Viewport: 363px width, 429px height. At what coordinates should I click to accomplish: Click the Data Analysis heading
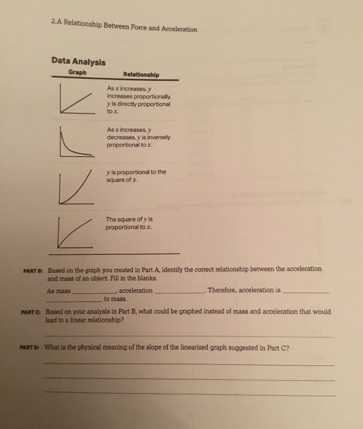tap(78, 62)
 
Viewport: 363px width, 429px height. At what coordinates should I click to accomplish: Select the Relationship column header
tap(141, 75)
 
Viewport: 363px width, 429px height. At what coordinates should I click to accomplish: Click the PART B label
tap(32, 269)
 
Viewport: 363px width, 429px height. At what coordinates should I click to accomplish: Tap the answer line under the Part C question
tap(190, 336)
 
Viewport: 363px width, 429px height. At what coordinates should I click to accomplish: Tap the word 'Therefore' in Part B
tap(222, 290)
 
